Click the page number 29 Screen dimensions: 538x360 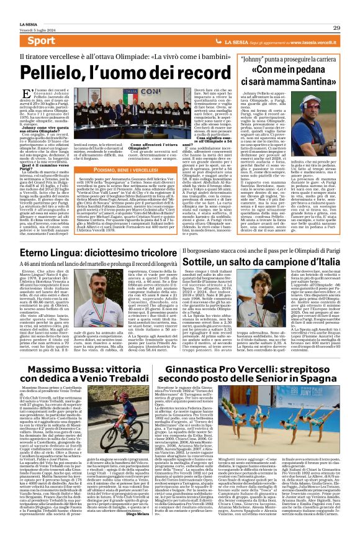[336, 28]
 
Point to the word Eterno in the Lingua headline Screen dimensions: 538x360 [52, 254]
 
